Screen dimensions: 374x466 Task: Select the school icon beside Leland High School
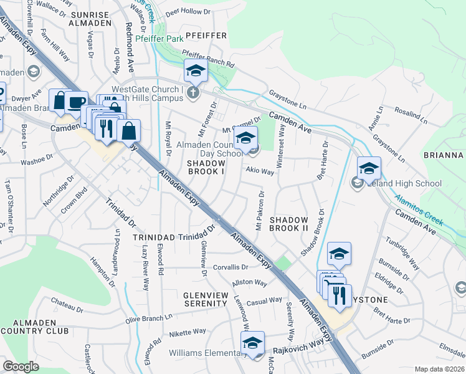point(357,183)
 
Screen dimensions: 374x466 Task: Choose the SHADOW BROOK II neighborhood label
point(288,224)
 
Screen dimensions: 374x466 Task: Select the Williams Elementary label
point(204,353)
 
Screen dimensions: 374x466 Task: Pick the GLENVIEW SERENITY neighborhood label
point(205,299)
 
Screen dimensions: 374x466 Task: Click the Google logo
point(21,366)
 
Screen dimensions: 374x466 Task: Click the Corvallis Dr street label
point(231,267)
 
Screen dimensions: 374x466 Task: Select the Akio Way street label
point(260,171)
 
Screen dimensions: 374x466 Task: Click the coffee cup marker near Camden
point(77,103)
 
